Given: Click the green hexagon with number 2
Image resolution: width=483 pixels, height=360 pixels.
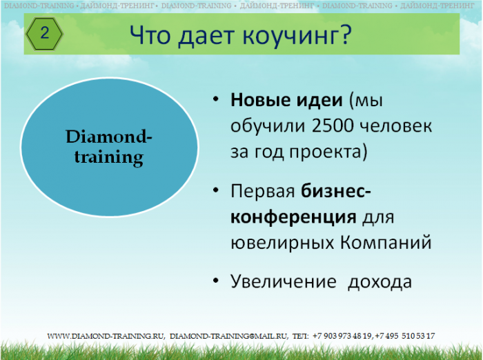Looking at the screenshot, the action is pos(45,34).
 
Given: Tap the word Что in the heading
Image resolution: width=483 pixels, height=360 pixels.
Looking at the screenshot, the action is pos(150,34).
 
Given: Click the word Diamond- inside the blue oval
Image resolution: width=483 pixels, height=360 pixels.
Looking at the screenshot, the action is pos(109,137).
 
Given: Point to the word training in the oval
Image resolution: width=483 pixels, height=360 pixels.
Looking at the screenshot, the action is pos(109,158).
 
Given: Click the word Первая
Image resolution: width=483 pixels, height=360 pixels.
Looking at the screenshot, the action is pos(263,191).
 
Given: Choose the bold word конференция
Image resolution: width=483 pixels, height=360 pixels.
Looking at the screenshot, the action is pos(293,217).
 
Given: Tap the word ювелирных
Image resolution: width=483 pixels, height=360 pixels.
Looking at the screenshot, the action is pos(282,243).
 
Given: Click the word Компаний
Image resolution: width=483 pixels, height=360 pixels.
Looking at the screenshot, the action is pos(386,242).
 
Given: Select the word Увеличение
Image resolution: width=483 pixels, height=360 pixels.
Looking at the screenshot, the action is pos(284,281).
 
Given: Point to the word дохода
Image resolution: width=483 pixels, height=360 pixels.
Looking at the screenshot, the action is pos(379,282).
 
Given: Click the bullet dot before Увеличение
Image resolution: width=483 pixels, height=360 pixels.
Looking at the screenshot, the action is pos(215,281).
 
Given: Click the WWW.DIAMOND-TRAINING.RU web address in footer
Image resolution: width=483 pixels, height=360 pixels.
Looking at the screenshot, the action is pos(106,336).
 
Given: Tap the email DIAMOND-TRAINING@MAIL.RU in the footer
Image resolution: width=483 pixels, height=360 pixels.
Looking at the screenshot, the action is pos(228,336).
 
